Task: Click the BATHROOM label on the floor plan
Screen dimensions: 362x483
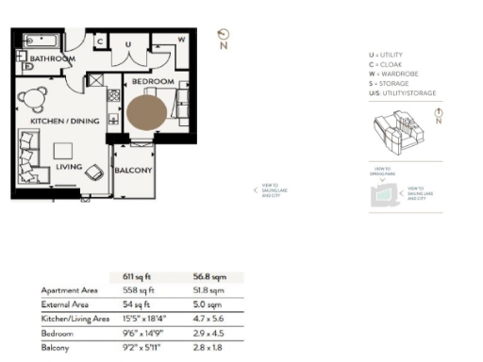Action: coord(51,58)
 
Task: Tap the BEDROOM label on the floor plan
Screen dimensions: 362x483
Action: coord(153,82)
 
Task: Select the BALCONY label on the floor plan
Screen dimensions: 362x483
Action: coord(133,170)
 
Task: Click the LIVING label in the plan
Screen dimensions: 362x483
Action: coord(70,166)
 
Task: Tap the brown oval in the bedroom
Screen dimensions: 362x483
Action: coord(147,111)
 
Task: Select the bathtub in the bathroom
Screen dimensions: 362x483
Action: coord(43,41)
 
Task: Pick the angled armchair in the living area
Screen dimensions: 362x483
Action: coord(94,173)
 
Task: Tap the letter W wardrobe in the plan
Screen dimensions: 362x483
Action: coord(182,41)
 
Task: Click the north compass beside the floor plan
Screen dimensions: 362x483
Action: coord(223,37)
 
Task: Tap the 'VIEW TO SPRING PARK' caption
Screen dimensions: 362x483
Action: coord(381,173)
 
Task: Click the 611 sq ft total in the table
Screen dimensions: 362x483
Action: coord(138,277)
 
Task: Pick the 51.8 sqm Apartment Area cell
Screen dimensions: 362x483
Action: coord(207,291)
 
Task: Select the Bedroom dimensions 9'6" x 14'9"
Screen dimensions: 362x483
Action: coord(144,334)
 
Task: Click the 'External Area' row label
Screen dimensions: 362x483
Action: coord(65,305)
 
